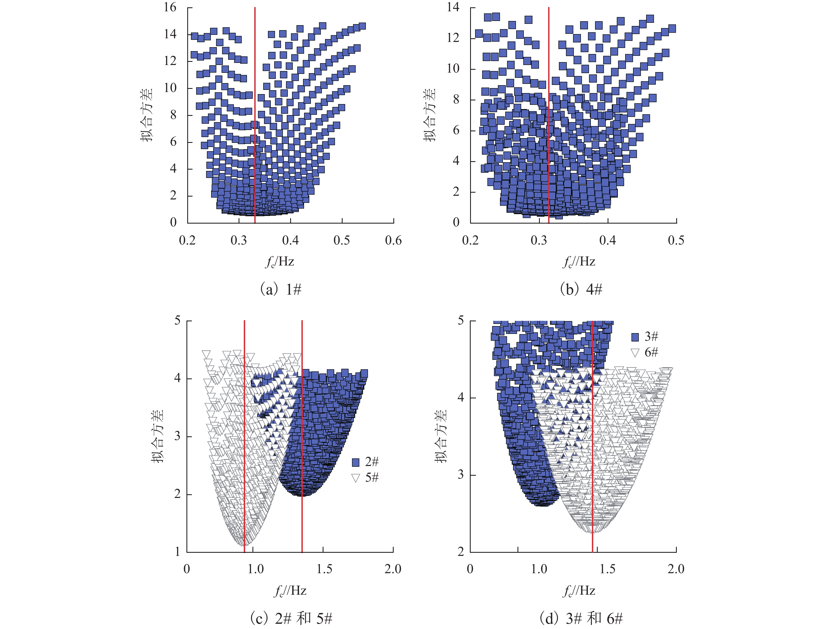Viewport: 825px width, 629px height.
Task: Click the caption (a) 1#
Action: tap(280, 289)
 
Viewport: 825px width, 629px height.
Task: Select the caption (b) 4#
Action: tap(581, 289)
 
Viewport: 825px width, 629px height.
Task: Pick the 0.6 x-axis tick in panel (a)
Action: tap(393, 240)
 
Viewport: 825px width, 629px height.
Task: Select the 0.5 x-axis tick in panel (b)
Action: tap(676, 240)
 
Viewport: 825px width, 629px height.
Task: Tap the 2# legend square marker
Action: tap(355, 462)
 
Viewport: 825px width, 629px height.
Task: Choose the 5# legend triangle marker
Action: tap(355, 478)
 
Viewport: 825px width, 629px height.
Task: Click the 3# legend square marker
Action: tap(635, 337)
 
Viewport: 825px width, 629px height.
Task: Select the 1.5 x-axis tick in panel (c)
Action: tap(324, 569)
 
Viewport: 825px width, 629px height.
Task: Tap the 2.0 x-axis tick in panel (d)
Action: tap(676, 569)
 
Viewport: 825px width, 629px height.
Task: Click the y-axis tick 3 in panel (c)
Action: tap(177, 437)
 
